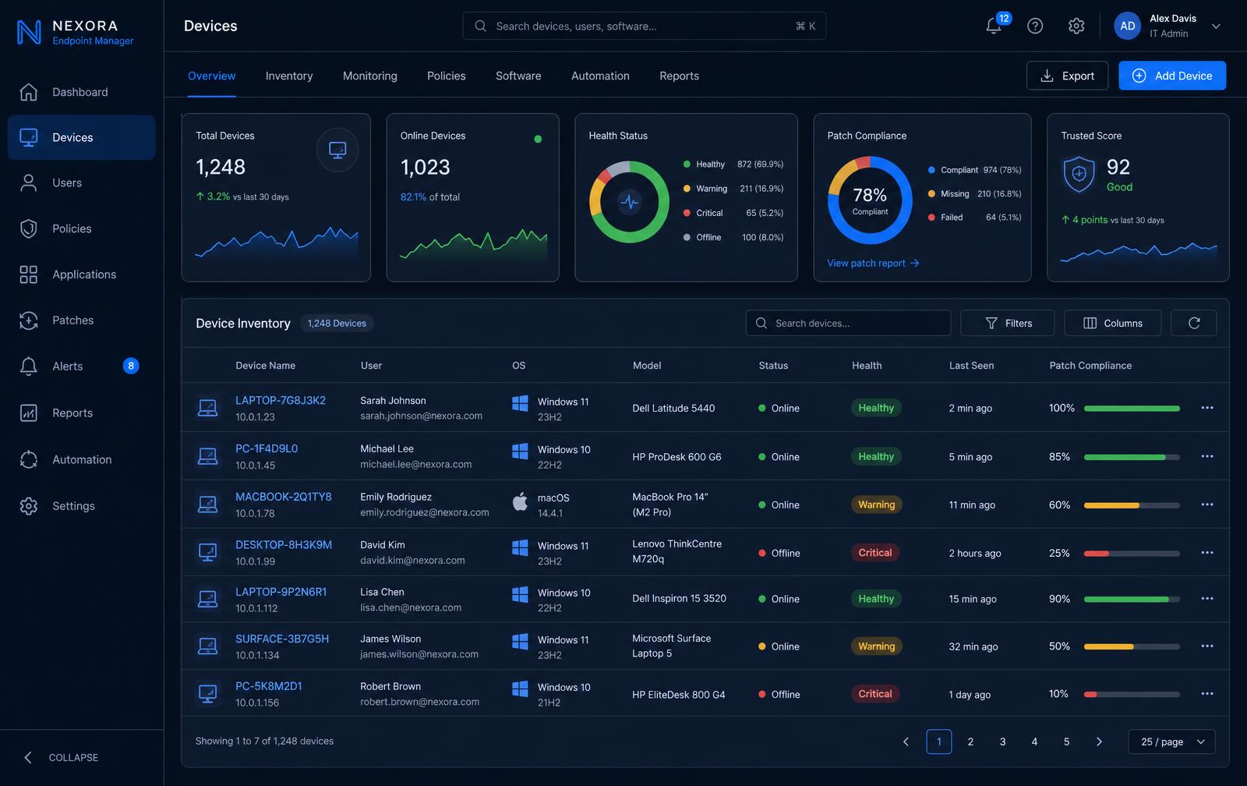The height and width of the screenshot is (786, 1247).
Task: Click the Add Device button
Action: [1172, 75]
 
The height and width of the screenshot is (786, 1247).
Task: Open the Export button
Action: [1067, 75]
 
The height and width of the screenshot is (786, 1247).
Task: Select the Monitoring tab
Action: [369, 75]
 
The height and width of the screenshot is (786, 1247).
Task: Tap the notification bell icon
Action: [993, 26]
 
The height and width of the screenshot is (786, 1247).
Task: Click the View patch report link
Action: [872, 263]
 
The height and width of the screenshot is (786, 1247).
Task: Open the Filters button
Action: [1007, 323]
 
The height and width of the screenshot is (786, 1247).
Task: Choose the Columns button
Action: [1112, 323]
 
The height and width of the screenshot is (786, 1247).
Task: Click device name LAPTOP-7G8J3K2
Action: [280, 400]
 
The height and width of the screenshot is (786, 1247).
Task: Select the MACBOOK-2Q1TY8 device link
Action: [283, 497]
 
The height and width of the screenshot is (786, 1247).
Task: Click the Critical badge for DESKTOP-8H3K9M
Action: [874, 553]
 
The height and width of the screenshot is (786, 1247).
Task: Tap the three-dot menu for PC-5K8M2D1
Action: [1207, 693]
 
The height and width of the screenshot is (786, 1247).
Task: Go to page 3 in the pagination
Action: [1002, 742]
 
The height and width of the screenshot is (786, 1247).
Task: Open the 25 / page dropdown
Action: [1171, 742]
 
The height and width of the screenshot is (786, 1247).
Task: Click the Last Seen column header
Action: [971, 366]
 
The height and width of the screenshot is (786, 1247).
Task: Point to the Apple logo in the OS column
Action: [519, 501]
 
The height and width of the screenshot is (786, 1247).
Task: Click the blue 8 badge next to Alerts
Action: [130, 366]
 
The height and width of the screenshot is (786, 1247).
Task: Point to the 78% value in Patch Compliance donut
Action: [870, 195]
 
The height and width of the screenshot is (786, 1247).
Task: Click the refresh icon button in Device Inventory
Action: [1193, 323]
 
